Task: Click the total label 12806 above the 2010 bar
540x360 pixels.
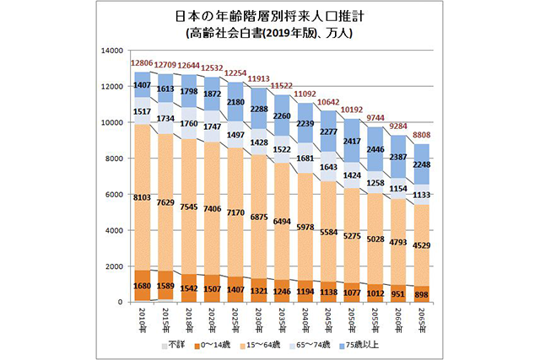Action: (141, 63)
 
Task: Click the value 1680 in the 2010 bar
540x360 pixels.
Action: (142, 285)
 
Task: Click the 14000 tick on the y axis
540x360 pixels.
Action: (111, 50)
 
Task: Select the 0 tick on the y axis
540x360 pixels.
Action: (121, 302)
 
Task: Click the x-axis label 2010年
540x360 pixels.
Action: (142, 321)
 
